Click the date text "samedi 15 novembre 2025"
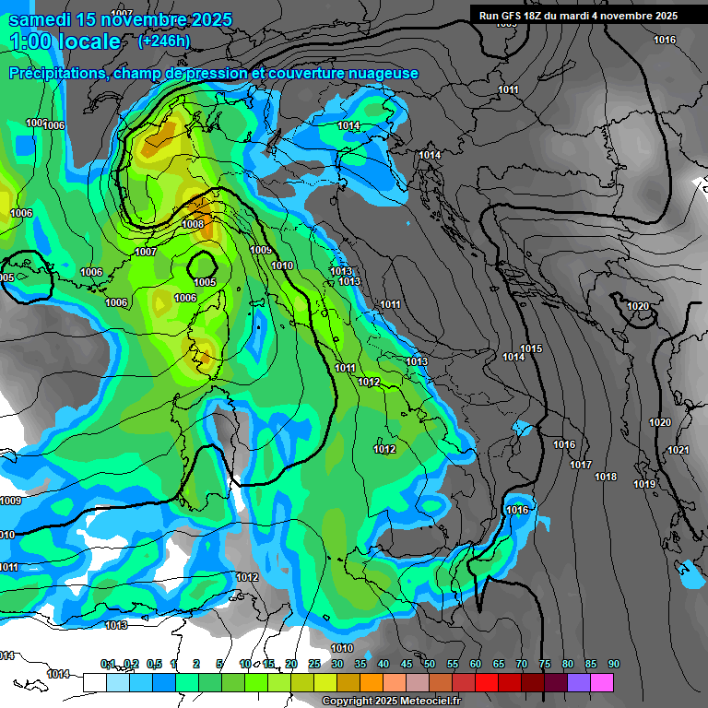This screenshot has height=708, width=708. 120,19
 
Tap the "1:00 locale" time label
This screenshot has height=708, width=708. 65,41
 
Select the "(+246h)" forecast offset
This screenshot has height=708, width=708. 164,41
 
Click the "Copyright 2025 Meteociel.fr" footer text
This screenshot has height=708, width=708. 390,701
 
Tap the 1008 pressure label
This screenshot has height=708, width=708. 193,224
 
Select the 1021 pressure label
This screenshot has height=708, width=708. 678,450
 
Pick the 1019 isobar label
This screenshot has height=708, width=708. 643,484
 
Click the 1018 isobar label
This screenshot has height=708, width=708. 606,477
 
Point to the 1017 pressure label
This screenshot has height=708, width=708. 580,465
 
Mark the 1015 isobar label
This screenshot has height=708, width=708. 531,348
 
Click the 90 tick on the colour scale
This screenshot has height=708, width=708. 614,665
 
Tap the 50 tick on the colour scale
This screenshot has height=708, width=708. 430,665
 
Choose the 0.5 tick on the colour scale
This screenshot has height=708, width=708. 153,665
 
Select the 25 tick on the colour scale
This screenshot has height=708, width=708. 314,665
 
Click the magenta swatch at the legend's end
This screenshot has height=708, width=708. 602,682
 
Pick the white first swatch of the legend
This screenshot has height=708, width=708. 94,682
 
